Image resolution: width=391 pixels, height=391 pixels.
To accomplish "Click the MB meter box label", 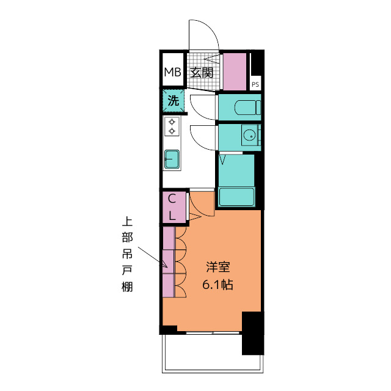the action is pyautogui.click(x=172, y=72).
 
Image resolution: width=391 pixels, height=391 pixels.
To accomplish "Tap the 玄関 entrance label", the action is pyautogui.click(x=202, y=73).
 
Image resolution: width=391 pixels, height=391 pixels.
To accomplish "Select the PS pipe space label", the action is pyautogui.click(x=255, y=84).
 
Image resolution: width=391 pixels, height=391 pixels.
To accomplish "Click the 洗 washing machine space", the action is pyautogui.click(x=174, y=101).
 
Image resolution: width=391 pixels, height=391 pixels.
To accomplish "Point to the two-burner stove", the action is pyautogui.click(x=172, y=126).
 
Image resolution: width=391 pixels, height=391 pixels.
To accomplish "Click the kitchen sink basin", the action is pyautogui.click(x=172, y=159).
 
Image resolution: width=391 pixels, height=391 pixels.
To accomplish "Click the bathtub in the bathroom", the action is pyautogui.click(x=236, y=197).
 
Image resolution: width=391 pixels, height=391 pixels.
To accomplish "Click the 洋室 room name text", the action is pyautogui.click(x=218, y=267).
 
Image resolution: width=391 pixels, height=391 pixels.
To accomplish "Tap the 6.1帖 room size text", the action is pyautogui.click(x=217, y=285).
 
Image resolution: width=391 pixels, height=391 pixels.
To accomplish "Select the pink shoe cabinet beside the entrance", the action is pyautogui.click(x=235, y=71).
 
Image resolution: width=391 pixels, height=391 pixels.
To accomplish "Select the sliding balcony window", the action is pyautogui.click(x=213, y=333).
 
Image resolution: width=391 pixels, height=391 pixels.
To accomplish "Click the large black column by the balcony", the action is pyautogui.click(x=253, y=333).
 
